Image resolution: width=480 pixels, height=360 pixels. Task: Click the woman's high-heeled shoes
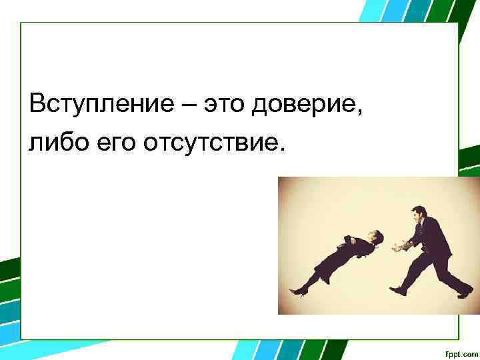click(x=297, y=290)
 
